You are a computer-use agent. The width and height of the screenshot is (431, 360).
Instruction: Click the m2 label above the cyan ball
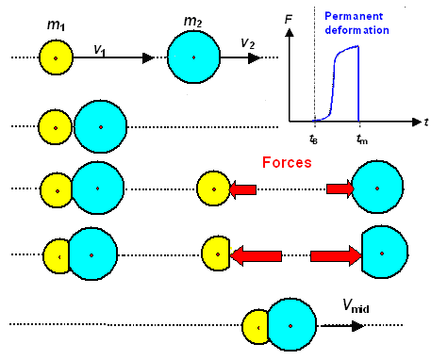(x=192, y=21)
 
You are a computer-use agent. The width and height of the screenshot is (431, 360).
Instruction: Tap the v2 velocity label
(x=248, y=43)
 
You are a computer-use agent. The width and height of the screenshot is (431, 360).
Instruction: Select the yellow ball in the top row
(x=56, y=58)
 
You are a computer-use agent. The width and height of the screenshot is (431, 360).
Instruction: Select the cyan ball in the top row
(x=193, y=58)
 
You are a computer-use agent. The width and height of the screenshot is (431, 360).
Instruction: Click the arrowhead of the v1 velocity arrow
(x=147, y=58)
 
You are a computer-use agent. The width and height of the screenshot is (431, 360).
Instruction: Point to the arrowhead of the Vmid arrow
(x=361, y=325)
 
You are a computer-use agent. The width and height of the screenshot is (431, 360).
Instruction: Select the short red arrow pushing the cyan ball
(x=340, y=189)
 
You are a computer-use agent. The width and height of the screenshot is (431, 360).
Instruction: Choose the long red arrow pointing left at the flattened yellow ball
(x=257, y=254)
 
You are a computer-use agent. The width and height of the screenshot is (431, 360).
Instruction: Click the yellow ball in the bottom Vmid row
(x=255, y=326)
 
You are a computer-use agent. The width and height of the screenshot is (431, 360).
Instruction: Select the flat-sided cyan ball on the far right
(x=385, y=254)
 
